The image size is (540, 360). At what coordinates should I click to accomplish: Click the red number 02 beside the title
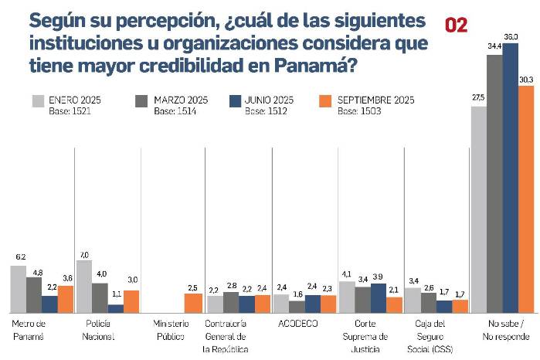tap(457, 25)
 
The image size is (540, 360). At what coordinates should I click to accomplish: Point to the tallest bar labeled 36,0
tap(510, 178)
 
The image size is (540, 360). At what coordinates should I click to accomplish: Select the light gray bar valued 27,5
tap(478, 209)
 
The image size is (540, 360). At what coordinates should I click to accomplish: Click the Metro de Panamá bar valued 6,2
tap(18, 289)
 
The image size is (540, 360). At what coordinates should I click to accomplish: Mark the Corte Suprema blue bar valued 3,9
tap(379, 297)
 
